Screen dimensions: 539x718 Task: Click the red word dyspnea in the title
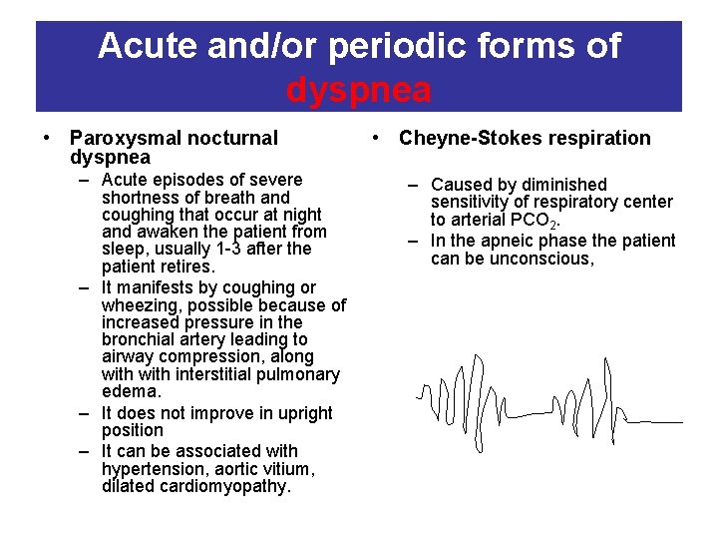coord(359,90)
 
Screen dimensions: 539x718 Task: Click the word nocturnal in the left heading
coord(229,139)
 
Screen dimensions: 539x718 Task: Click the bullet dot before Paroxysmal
coord(48,139)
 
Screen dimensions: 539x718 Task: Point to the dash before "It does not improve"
coord(86,413)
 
